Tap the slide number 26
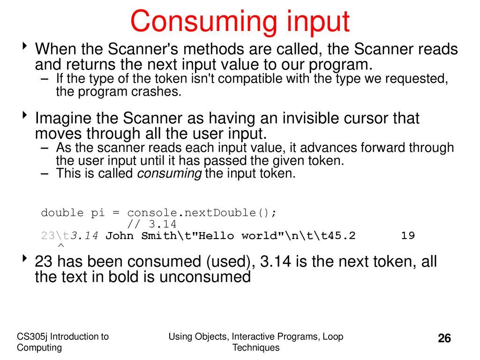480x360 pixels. pos(444,338)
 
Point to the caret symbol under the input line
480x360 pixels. pos(61,245)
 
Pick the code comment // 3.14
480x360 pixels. pos(151,224)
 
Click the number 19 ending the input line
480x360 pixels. pos(408,235)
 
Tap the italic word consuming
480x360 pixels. pos(169,174)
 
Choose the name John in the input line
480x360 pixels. pos(120,235)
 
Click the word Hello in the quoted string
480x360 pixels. pos(217,235)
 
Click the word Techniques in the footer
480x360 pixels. pos(256,348)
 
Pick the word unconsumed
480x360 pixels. pos(205,277)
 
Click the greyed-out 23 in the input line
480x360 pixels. pos(48,235)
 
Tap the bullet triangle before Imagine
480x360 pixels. pos(25,115)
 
